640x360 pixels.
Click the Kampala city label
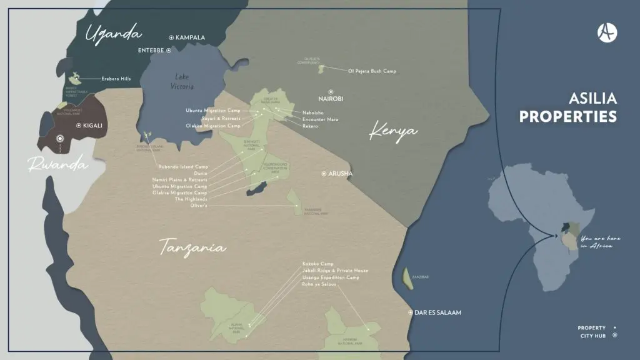point(190,37)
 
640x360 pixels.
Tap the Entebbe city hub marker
point(170,51)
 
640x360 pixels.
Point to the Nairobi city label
point(331,99)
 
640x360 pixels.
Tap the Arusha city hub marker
point(324,174)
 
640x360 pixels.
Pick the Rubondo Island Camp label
point(184,166)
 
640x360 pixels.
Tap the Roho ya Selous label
point(319,284)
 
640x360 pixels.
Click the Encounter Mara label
point(320,119)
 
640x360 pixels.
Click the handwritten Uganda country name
point(114,33)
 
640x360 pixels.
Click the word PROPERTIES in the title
point(568,117)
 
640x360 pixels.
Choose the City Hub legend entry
point(593,335)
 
